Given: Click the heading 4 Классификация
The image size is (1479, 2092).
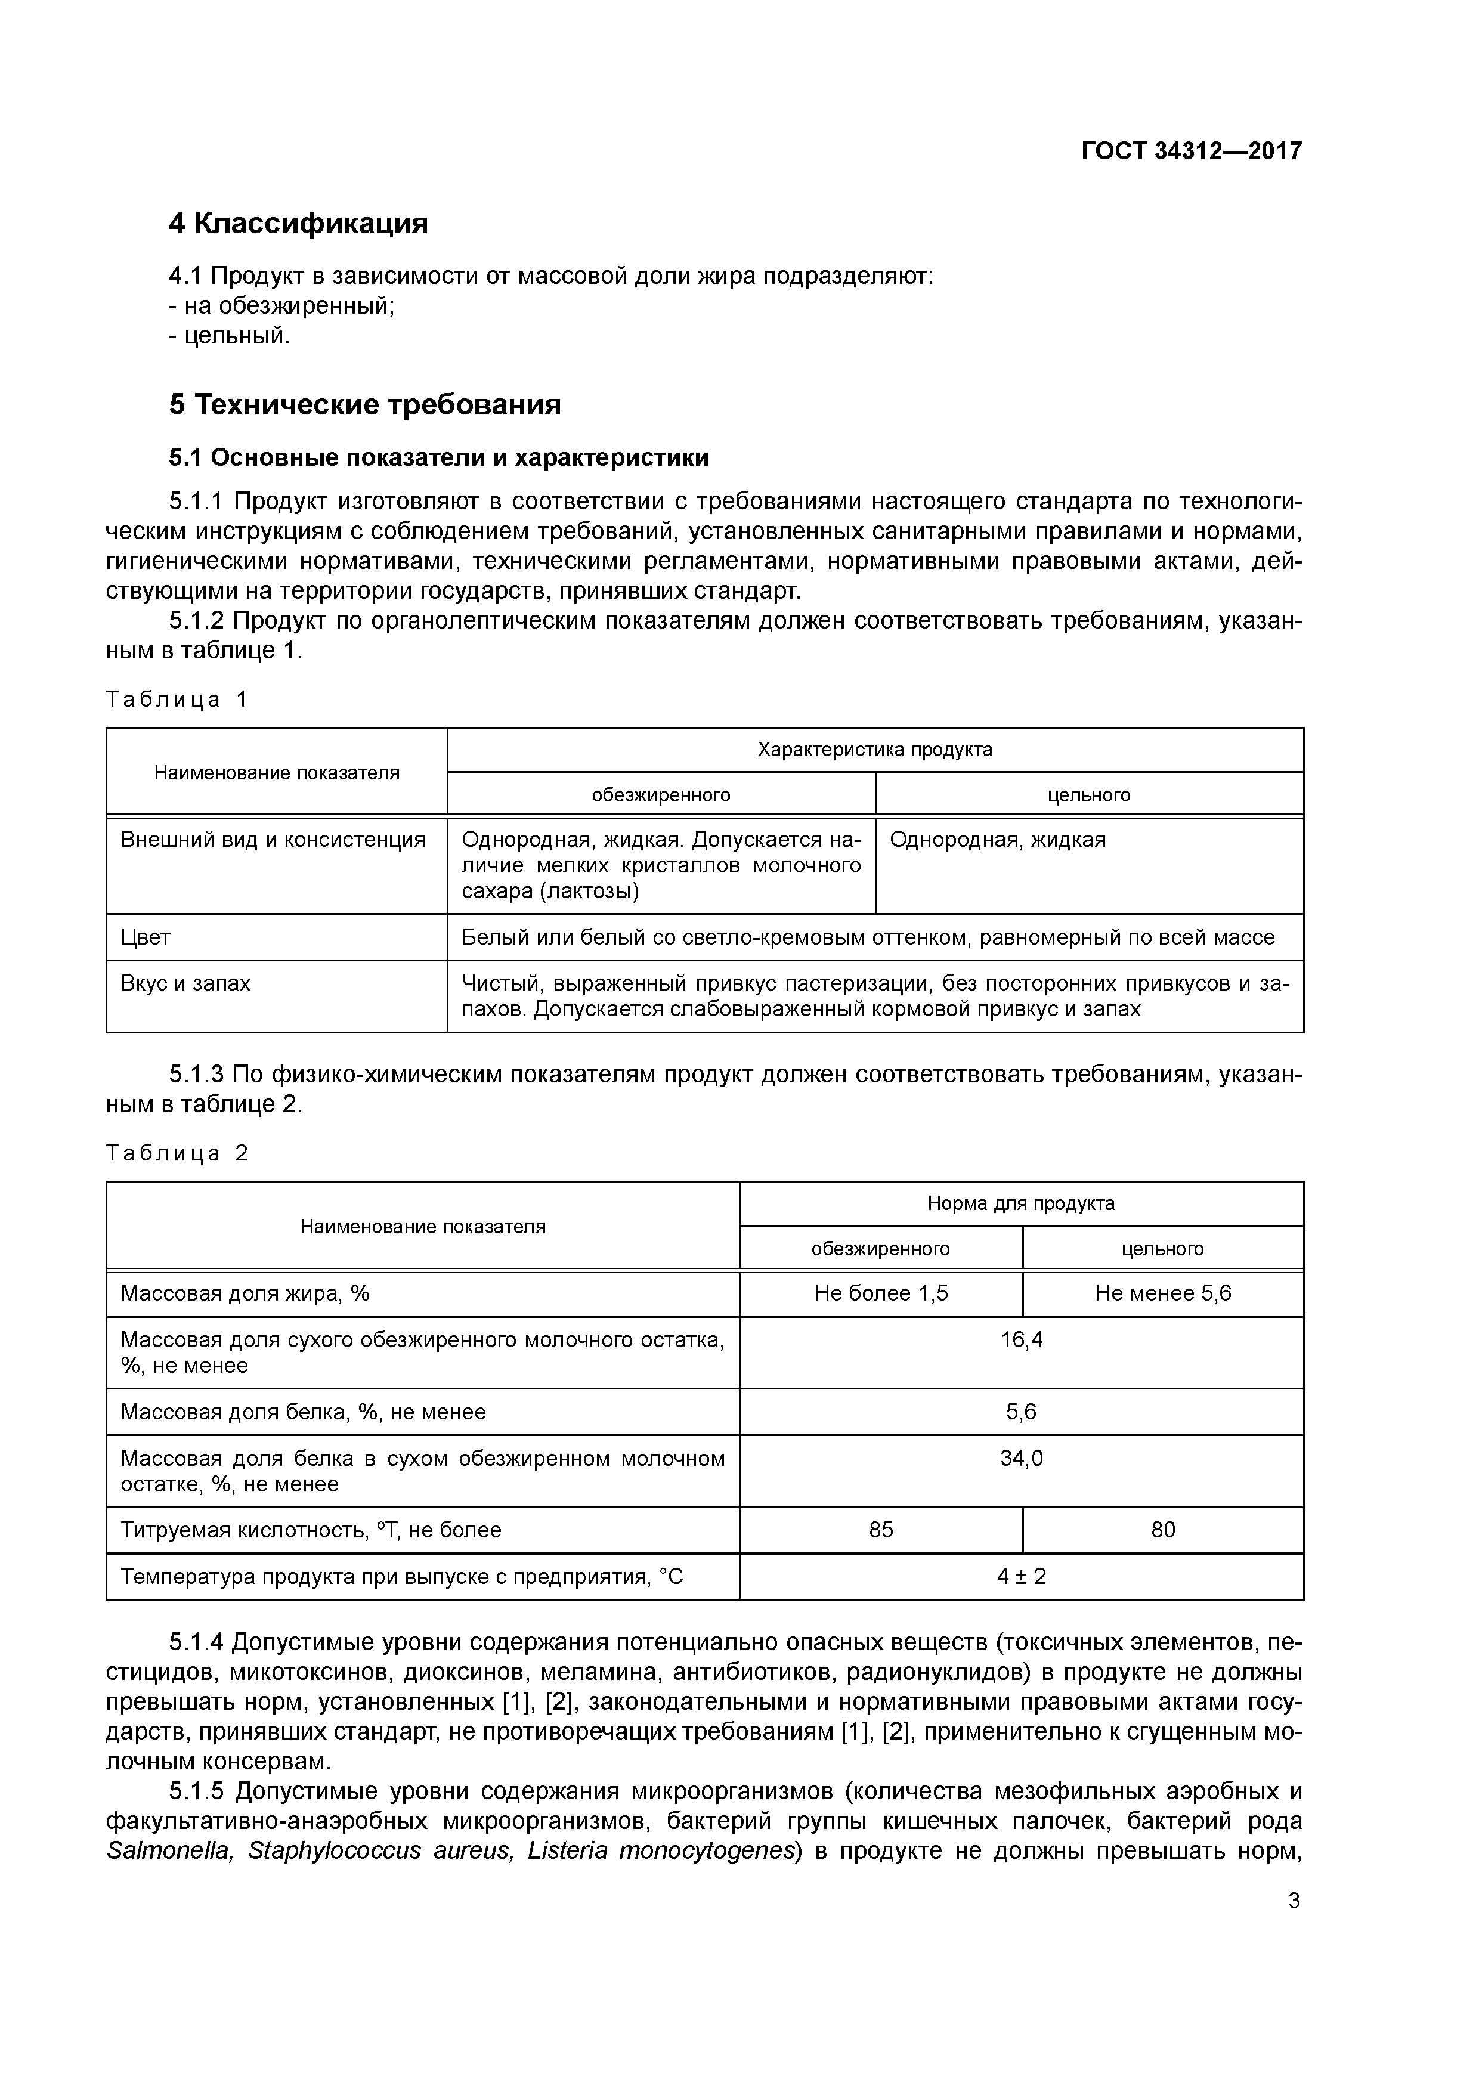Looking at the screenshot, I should coord(298,223).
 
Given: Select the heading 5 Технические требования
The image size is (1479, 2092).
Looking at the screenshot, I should coord(364,404).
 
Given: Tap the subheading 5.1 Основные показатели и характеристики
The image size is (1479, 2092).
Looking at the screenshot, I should coord(438,457).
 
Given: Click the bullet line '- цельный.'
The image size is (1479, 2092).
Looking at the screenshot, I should coord(229,336).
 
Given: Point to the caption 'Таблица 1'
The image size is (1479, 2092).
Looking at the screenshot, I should coord(177,700).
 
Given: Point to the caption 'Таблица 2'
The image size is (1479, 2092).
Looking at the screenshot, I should coord(177,1153).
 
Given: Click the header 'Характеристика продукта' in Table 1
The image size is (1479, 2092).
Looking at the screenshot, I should coord(875,750).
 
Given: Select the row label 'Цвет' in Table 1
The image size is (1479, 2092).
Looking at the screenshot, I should coord(146,937).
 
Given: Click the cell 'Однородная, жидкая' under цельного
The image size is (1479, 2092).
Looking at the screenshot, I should coord(997,840).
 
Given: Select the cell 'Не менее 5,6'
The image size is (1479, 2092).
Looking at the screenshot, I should coord(1163,1294).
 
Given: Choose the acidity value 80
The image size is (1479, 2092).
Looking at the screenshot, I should coord(1163,1530).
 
